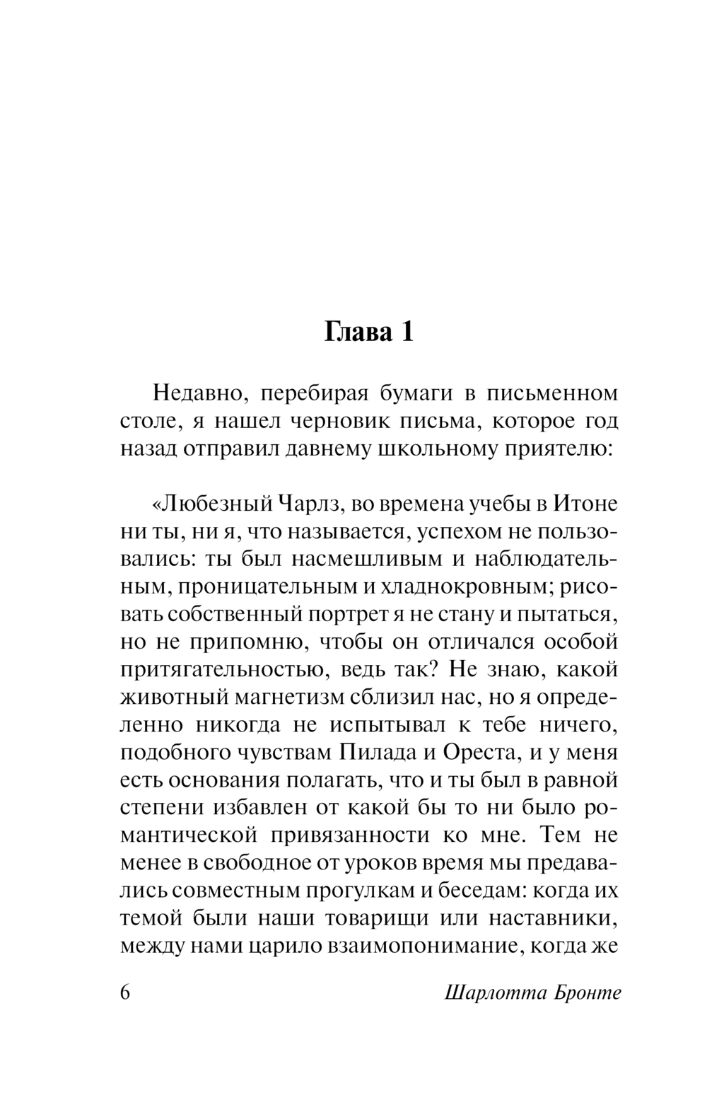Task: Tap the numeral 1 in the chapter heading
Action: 405,332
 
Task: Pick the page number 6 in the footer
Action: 127,993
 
